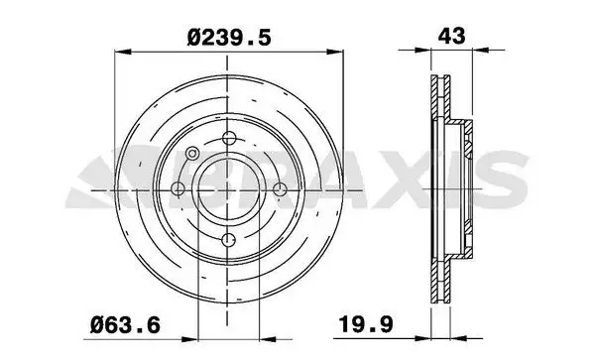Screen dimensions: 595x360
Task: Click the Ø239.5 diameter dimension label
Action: point(229,38)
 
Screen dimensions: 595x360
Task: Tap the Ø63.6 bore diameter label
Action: point(125,325)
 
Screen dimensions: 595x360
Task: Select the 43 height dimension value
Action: point(451,36)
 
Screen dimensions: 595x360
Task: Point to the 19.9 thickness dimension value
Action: point(366,324)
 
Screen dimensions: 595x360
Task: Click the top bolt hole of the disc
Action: point(229,138)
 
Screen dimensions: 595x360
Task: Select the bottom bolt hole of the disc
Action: point(228,240)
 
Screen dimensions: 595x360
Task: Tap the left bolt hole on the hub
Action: point(178,188)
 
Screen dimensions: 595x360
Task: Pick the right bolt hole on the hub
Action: point(280,188)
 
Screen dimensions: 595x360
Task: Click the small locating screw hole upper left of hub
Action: point(192,154)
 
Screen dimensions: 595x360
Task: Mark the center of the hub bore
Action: point(229,188)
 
